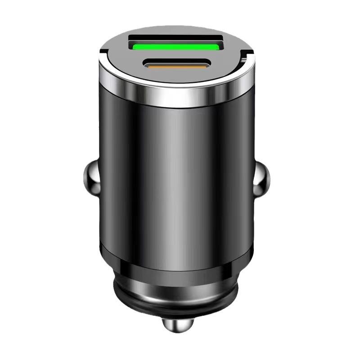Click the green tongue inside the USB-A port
click(176, 45)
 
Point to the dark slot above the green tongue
click(176, 38)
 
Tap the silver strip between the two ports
click(176, 55)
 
